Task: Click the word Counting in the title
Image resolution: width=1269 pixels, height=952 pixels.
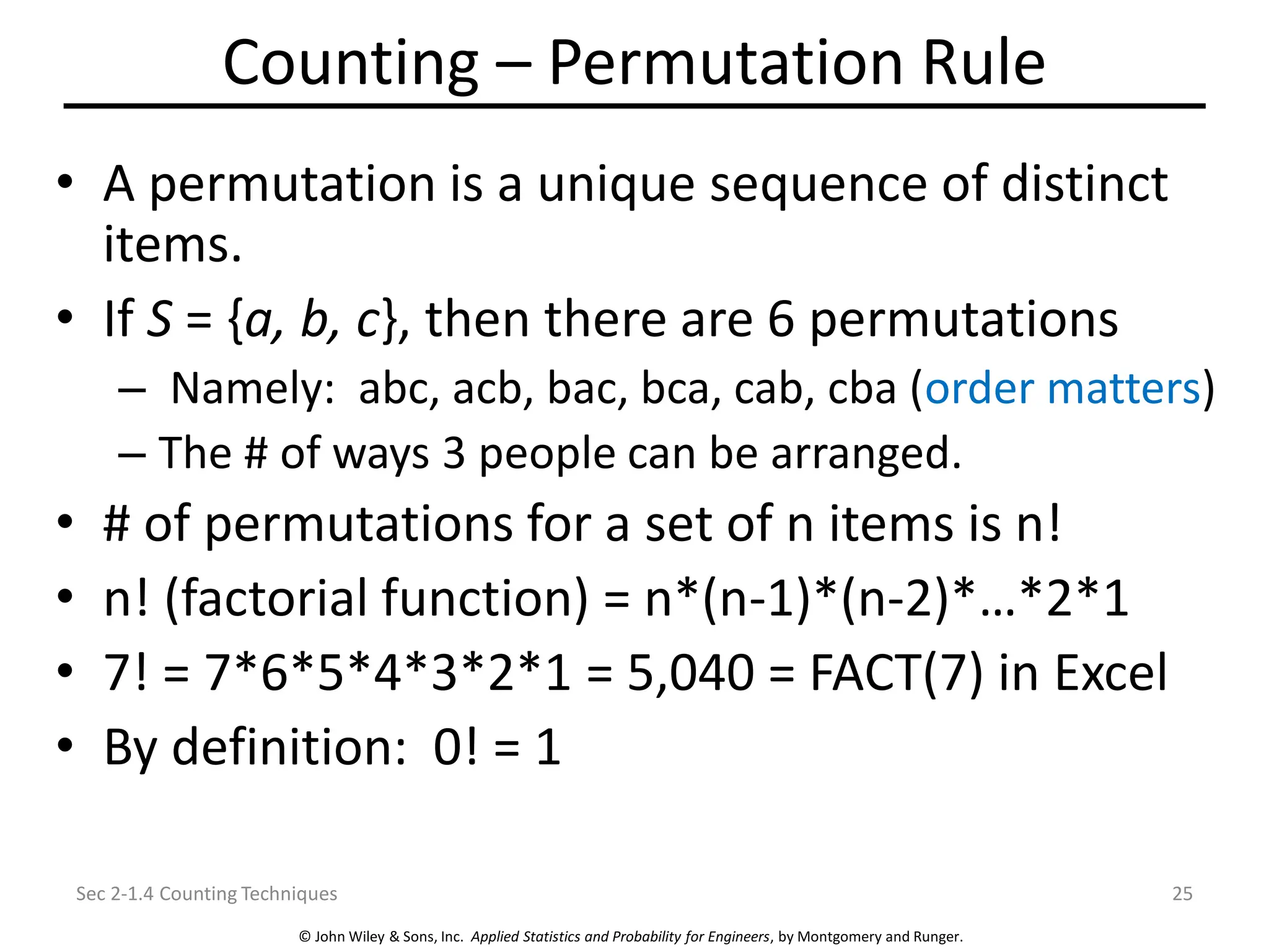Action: (x=350, y=63)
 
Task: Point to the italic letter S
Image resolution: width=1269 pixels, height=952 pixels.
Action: (x=159, y=319)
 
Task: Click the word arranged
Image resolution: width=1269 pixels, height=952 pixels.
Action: (x=866, y=454)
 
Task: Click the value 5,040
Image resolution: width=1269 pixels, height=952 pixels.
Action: (x=690, y=672)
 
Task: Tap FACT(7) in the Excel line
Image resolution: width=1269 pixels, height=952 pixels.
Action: (x=896, y=672)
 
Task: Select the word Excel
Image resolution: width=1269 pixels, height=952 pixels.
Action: (x=1110, y=672)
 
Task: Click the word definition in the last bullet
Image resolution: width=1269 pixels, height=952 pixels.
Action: (x=289, y=747)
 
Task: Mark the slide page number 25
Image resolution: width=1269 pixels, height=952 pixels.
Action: (x=1182, y=894)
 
